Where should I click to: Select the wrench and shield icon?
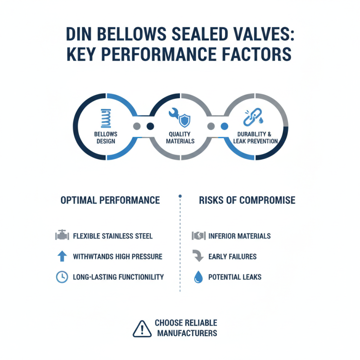coord(180,118)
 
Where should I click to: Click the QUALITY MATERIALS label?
coord(180,137)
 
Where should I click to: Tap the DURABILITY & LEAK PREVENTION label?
coord(255,137)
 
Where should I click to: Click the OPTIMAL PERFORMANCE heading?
coord(110,200)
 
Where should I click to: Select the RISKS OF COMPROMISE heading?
coord(247,200)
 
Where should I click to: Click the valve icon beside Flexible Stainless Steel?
coord(62,235)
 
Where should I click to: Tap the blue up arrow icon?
coord(62,256)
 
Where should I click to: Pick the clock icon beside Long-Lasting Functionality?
coord(62,277)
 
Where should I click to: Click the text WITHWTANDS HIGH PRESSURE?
coord(117,256)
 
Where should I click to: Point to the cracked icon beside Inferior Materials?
coord(198,235)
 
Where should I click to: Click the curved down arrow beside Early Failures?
coord(198,256)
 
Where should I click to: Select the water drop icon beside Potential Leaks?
coord(198,277)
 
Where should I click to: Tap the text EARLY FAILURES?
coord(232,256)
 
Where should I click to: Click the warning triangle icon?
coord(142,328)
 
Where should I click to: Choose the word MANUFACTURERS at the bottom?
coord(187,333)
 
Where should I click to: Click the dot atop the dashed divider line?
coord(180,196)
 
